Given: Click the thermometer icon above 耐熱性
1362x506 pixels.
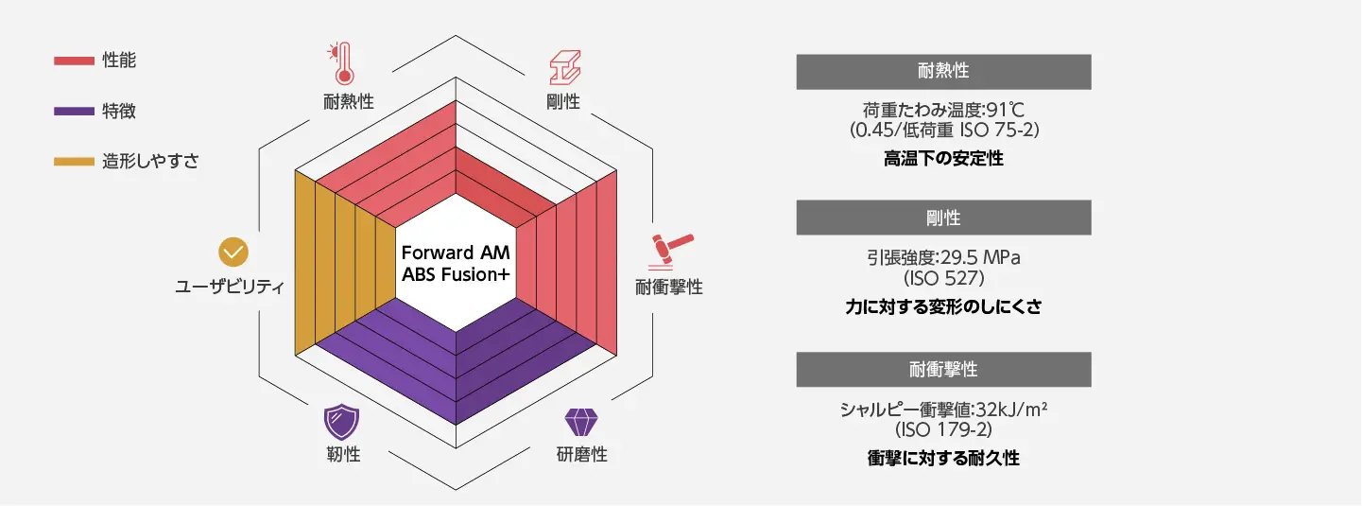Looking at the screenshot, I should [337, 62].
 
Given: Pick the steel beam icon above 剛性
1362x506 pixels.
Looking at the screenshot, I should [563, 66].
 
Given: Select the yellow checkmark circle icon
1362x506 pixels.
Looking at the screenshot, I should [233, 252].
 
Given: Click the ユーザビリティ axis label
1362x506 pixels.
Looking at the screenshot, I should [230, 287].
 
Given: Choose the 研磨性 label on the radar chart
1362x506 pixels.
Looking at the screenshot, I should [581, 455].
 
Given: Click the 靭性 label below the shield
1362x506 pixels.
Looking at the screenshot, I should [337, 455].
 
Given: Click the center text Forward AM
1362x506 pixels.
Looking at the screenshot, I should [456, 253].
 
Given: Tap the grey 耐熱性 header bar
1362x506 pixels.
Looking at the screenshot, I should [943, 72].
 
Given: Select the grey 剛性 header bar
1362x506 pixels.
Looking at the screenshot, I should [943, 218].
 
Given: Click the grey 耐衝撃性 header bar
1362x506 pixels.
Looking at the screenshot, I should [943, 369].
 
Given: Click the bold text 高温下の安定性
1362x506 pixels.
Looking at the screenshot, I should [943, 159].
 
